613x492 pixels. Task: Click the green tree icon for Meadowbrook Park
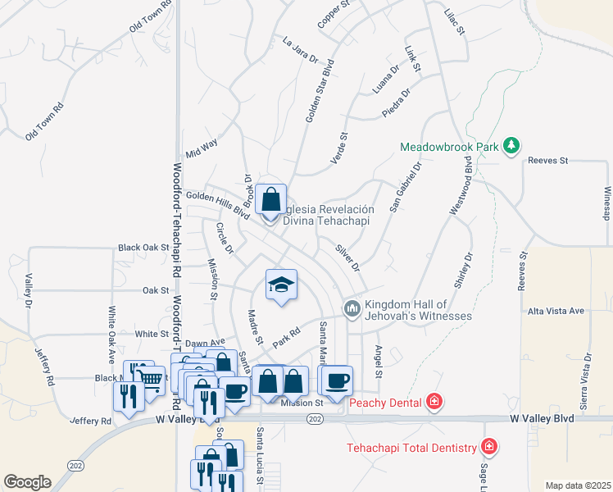[512, 145]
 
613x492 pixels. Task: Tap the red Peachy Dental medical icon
[434, 402]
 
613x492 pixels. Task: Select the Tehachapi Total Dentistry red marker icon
[489, 447]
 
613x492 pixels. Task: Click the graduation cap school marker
[281, 285]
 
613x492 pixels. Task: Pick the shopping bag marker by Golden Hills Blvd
[270, 199]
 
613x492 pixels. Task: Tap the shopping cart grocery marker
[150, 378]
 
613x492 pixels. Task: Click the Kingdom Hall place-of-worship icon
[352, 308]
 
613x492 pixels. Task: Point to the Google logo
[27, 482]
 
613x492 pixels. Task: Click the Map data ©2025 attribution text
[577, 485]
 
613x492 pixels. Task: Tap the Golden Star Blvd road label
[320, 90]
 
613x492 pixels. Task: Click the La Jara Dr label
[299, 48]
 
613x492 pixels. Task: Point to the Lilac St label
[453, 22]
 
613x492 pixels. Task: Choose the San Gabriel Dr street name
[405, 186]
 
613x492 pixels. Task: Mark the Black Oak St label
[143, 247]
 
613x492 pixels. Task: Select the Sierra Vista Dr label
[587, 381]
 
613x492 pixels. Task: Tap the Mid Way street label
[202, 148]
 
